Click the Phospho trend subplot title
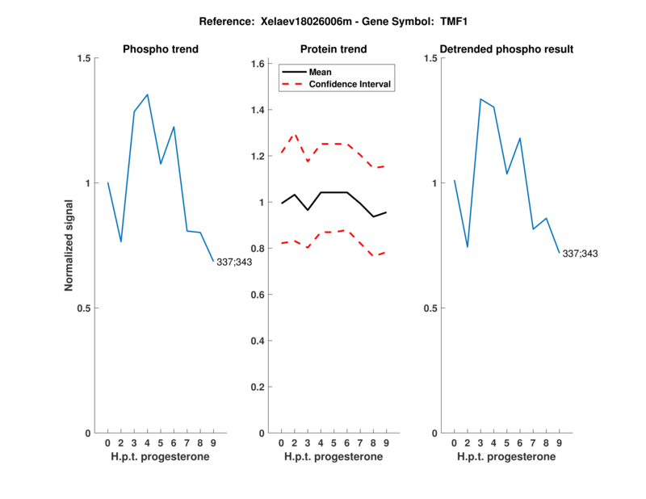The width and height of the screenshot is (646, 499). (x=161, y=49)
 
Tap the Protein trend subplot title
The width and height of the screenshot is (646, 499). (x=333, y=49)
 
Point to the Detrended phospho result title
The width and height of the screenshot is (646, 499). (x=507, y=49)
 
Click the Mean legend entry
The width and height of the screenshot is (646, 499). (x=321, y=72)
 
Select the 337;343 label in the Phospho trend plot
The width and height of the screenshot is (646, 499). (x=235, y=262)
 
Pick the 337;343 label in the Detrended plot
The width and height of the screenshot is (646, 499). (x=581, y=254)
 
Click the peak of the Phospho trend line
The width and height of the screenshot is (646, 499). (x=147, y=94)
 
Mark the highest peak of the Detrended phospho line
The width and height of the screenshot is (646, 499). (x=480, y=99)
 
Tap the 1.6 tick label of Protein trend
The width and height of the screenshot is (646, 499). (x=259, y=64)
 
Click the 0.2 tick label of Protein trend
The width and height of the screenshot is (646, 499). (x=259, y=388)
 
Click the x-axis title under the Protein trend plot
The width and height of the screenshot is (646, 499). (x=333, y=457)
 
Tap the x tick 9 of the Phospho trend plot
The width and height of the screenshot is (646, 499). (x=213, y=442)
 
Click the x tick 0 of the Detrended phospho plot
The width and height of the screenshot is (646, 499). (x=455, y=442)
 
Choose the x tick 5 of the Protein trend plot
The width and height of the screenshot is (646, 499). (x=333, y=442)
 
